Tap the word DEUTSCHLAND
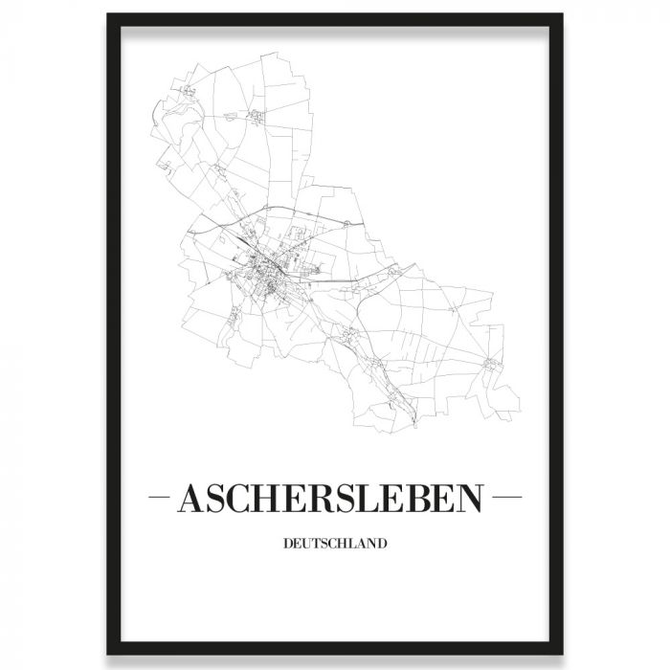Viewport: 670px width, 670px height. pyautogui.click(x=334, y=547)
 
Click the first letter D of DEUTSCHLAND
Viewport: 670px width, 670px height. pyautogui.click(x=288, y=547)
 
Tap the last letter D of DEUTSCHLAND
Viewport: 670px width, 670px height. pyautogui.click(x=382, y=547)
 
